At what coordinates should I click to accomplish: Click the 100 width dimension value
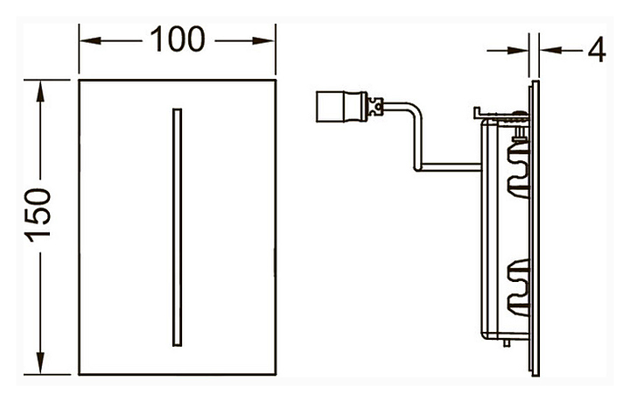click(177, 39)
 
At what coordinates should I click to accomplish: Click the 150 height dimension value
click(38, 215)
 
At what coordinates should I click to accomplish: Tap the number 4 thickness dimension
click(597, 51)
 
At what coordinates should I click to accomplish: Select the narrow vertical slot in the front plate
click(177, 227)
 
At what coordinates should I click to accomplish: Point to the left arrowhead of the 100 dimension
click(90, 40)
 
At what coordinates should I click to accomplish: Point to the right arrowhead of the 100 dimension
click(265, 40)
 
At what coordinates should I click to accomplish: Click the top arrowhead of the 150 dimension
click(39, 91)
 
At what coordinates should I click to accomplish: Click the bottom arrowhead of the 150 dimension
click(39, 363)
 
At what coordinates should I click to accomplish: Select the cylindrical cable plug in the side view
click(341, 107)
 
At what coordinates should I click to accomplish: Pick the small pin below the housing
click(507, 343)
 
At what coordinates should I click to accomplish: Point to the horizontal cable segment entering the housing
click(450, 167)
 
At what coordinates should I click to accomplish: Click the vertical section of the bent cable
click(418, 138)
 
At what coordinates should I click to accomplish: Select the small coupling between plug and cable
click(375, 107)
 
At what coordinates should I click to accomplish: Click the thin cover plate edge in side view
click(535, 229)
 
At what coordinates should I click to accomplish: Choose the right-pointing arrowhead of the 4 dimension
click(517, 51)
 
